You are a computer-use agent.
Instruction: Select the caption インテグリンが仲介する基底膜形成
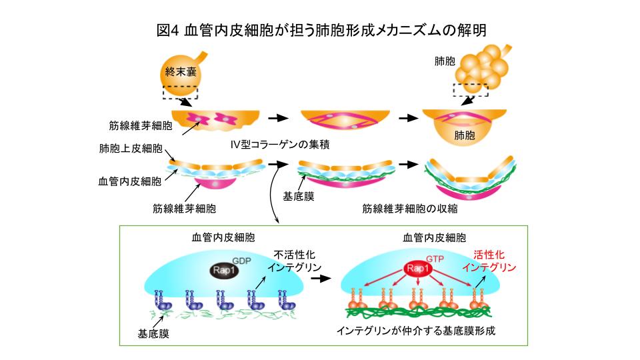417,330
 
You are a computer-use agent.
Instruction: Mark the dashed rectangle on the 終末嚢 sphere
179,91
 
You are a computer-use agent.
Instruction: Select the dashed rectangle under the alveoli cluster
471,90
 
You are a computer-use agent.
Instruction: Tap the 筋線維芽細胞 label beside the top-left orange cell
141,125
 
